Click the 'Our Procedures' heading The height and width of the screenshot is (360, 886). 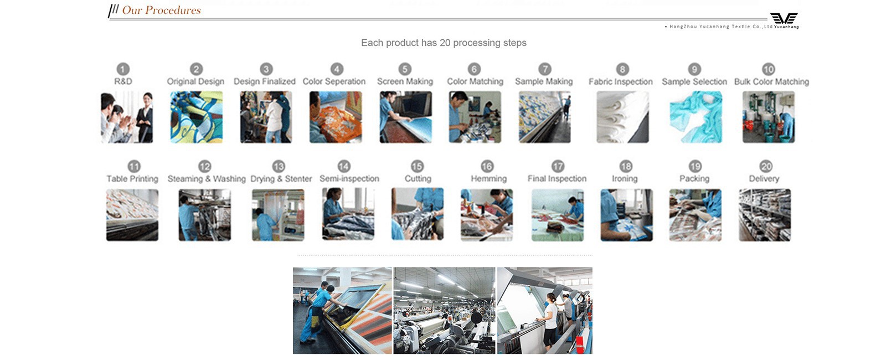161,10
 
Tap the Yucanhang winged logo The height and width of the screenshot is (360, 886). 784,18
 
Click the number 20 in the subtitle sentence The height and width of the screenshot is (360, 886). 445,43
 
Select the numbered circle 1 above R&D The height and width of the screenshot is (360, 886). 123,69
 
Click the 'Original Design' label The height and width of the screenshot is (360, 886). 195,81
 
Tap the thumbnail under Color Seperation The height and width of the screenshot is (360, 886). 336,117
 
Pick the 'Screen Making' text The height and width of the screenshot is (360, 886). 405,81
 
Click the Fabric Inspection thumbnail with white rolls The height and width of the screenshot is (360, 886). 622,117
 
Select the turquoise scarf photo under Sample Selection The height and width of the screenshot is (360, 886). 696,117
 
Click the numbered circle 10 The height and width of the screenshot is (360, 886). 768,69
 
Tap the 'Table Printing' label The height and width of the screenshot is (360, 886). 132,179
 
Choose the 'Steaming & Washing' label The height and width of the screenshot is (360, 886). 207,179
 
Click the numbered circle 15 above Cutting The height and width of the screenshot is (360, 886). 417,166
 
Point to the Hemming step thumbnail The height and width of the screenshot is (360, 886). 487,215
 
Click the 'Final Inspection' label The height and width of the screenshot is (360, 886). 557,179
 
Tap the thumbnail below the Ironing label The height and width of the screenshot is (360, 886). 626,215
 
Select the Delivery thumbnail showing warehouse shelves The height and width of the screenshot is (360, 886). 765,215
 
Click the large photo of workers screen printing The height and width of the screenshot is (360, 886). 342,311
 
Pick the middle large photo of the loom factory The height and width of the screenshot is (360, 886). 444,311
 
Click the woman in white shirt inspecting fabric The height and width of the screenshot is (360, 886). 550,318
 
